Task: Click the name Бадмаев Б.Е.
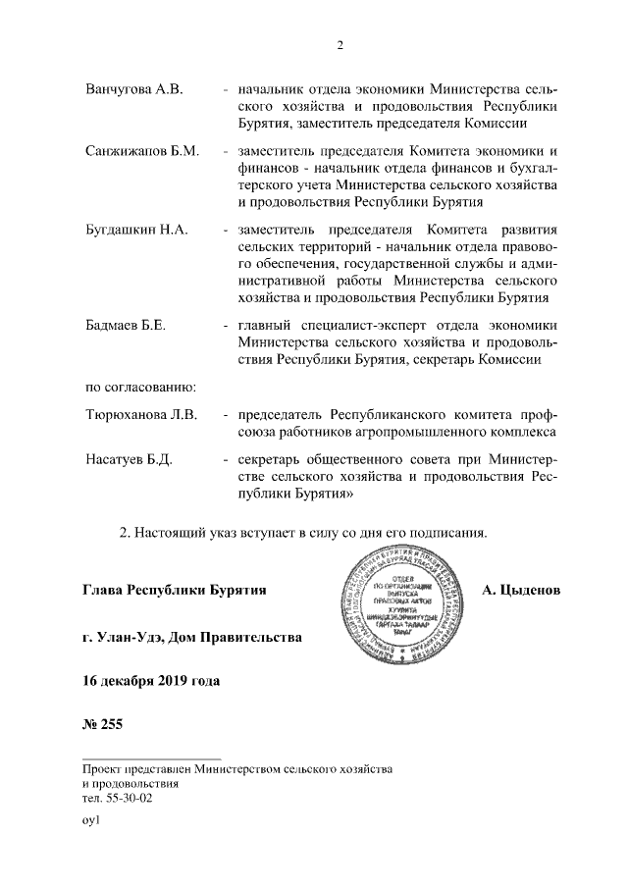tap(123, 324)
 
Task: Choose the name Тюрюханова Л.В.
tap(141, 415)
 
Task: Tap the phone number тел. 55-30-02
tap(117, 799)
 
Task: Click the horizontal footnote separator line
tap(152, 757)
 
